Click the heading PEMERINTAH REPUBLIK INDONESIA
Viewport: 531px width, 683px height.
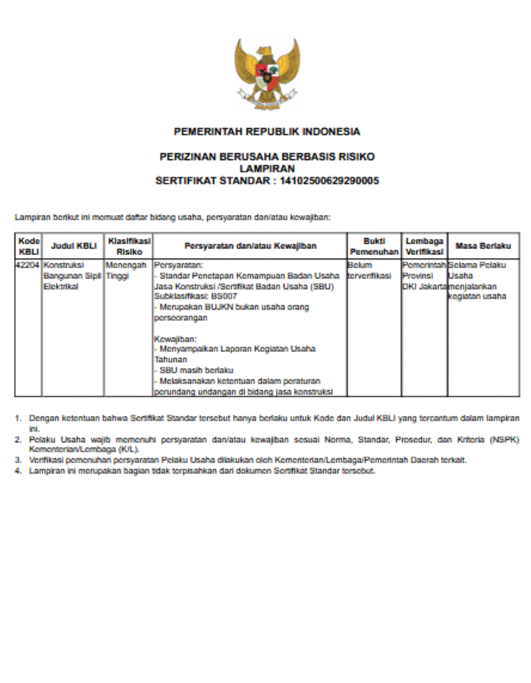coord(267,131)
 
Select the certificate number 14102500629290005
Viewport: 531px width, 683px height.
coord(329,181)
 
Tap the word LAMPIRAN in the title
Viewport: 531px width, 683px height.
coord(266,168)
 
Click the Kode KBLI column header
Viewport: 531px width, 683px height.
coord(29,246)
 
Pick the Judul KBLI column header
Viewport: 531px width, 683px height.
coord(74,246)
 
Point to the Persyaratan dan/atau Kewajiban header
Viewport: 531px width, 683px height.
coord(250,246)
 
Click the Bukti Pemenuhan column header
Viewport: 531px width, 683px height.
coord(374,246)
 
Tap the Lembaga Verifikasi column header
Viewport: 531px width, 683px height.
coord(424,246)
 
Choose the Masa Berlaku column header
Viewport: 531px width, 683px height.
coord(483,246)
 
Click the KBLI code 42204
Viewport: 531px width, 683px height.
coord(28,266)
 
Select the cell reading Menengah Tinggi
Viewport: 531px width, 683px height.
coord(126,271)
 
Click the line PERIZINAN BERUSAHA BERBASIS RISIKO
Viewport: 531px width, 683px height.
coord(267,156)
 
